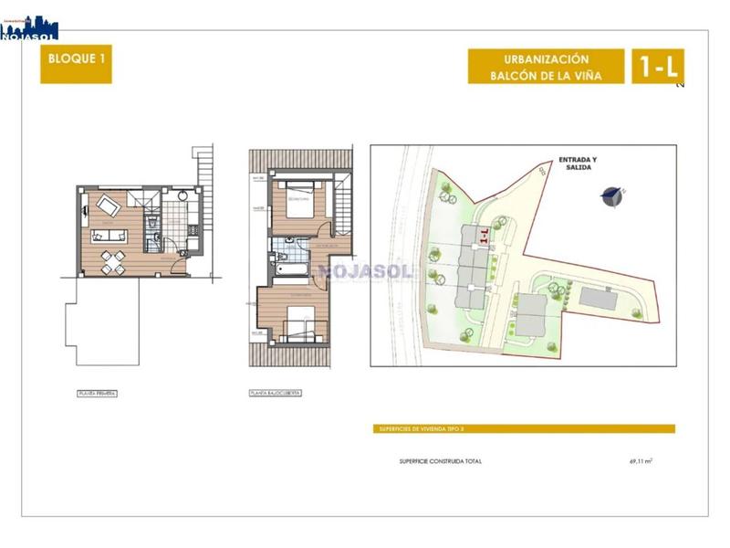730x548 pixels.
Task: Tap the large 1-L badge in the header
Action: pyautogui.click(x=657, y=67)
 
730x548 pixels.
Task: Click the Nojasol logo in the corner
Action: pyautogui.click(x=29, y=27)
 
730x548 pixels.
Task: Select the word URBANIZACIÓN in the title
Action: pyautogui.click(x=547, y=58)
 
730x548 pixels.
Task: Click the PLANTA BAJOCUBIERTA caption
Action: pyautogui.click(x=275, y=394)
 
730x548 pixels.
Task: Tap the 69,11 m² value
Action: pyautogui.click(x=641, y=461)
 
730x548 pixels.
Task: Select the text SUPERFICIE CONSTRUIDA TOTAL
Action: pyautogui.click(x=441, y=461)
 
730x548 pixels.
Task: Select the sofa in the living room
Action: pyautogui.click(x=109, y=236)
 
